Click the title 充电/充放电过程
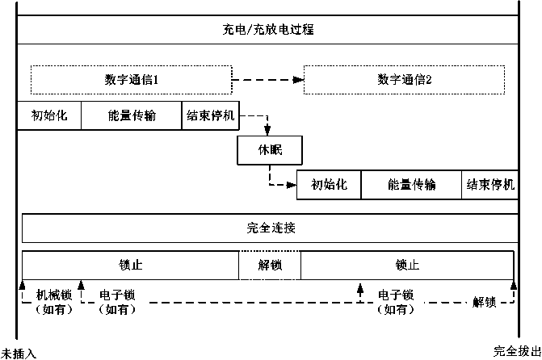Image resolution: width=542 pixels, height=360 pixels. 268,29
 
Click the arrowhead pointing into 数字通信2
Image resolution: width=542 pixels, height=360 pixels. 298,80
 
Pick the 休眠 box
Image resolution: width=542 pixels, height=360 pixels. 270,150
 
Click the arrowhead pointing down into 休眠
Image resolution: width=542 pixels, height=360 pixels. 267,130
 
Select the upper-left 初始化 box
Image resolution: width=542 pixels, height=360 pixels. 49,115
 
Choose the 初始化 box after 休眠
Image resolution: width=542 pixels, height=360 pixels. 329,185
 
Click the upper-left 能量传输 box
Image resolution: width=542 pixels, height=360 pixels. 132,115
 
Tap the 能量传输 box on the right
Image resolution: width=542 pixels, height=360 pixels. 411,185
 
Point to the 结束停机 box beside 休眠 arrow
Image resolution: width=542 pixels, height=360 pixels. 211,115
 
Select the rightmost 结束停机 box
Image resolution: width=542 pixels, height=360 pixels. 490,185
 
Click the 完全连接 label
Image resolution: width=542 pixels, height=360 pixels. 271,228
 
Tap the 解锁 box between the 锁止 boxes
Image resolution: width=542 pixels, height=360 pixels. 270,266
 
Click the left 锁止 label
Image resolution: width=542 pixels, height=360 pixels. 130,266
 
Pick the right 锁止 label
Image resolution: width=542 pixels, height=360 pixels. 407,266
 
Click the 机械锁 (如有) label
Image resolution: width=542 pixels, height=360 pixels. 54,303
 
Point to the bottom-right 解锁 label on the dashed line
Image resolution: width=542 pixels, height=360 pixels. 485,303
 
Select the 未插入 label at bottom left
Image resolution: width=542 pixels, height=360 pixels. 19,354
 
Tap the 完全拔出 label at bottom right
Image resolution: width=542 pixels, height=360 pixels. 517,351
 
